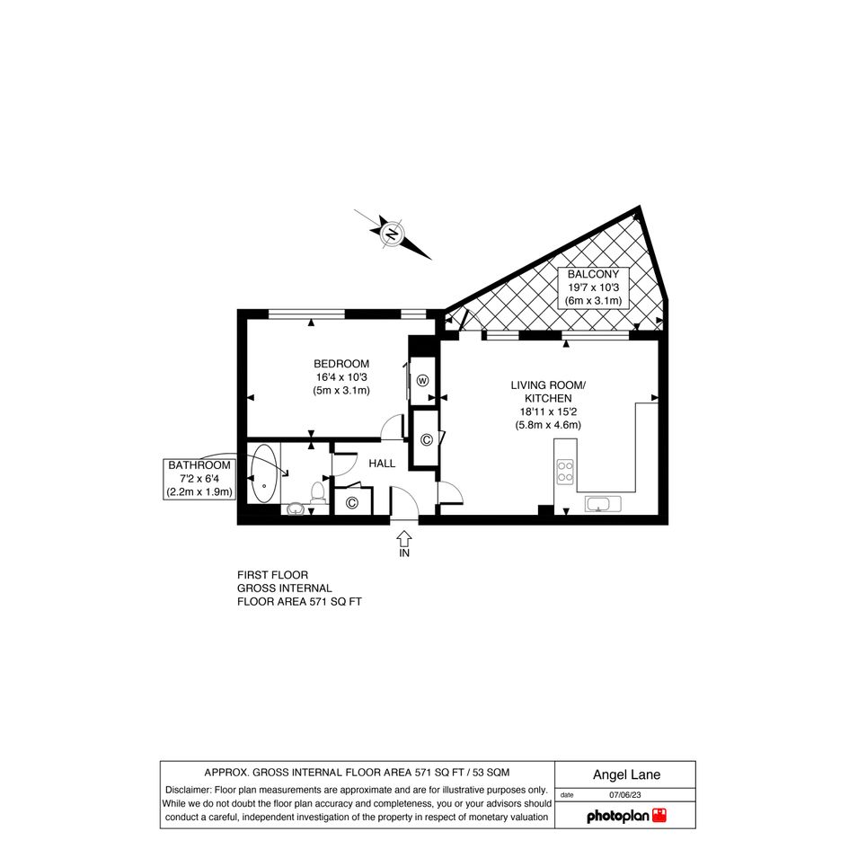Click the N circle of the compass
[391, 235]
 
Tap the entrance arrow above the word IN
[404, 538]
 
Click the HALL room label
[382, 464]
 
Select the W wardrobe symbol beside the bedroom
[422, 380]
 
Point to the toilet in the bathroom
[317, 492]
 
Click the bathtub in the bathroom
[264, 473]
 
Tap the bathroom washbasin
[295, 509]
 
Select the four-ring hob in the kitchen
[565, 471]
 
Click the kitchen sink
[603, 504]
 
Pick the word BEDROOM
[341, 364]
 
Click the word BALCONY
[593, 274]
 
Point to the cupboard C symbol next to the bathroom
[352, 503]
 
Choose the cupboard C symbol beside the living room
[426, 439]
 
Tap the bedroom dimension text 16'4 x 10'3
[341, 376]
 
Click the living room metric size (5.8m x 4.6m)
[548, 425]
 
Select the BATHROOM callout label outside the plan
[199, 479]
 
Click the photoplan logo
[626, 816]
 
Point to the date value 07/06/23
[625, 795]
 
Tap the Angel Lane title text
[626, 774]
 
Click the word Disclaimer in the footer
[188, 790]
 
